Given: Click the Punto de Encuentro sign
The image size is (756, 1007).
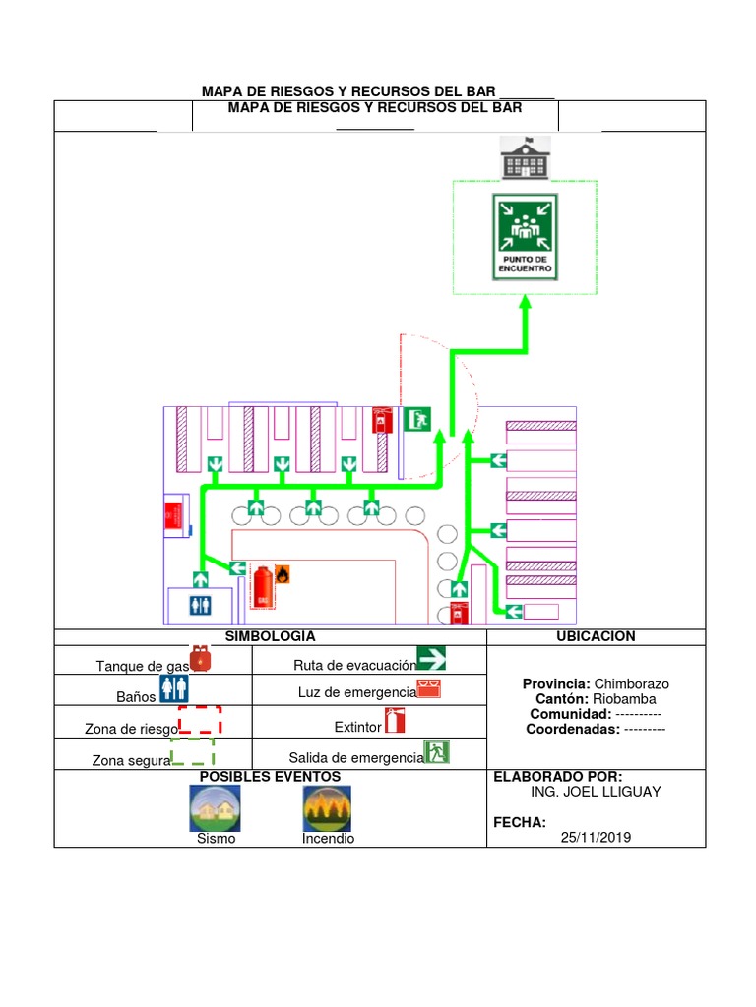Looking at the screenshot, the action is pos(525,237).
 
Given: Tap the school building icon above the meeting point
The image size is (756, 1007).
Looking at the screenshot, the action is pos(526,157).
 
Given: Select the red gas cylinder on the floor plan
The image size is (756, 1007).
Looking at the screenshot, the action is pos(262,586).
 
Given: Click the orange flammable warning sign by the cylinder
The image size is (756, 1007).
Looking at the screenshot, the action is pos(283,574).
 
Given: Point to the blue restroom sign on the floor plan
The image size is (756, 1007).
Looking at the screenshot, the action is pos(200,605).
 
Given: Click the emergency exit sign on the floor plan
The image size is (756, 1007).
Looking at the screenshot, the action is pos(417,419).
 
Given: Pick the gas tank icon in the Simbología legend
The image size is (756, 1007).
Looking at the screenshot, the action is pos(200,658).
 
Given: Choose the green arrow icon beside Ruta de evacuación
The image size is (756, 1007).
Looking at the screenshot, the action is pos(431,658).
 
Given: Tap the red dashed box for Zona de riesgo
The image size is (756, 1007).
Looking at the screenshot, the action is pos(200,719).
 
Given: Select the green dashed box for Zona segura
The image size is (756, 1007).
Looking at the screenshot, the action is pos(192,751).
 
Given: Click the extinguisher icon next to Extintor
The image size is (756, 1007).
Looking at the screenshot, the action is pos(395,721).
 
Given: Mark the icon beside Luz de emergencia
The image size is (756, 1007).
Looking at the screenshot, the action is pos(429,688).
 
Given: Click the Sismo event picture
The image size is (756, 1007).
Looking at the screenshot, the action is pos(216,808).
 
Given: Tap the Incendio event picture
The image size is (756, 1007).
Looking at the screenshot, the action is pos(327,808).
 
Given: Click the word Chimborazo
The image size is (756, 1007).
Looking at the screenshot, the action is pos(631,684).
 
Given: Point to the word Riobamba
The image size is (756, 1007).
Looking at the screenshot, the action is pos(624,699).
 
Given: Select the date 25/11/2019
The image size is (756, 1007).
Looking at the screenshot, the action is pos(596,838).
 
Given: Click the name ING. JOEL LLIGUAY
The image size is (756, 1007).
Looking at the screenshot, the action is pos(596,792).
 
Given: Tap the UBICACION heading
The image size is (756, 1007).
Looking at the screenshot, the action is pos(596,636).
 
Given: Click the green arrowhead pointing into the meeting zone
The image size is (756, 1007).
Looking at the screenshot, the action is pos(526,303).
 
